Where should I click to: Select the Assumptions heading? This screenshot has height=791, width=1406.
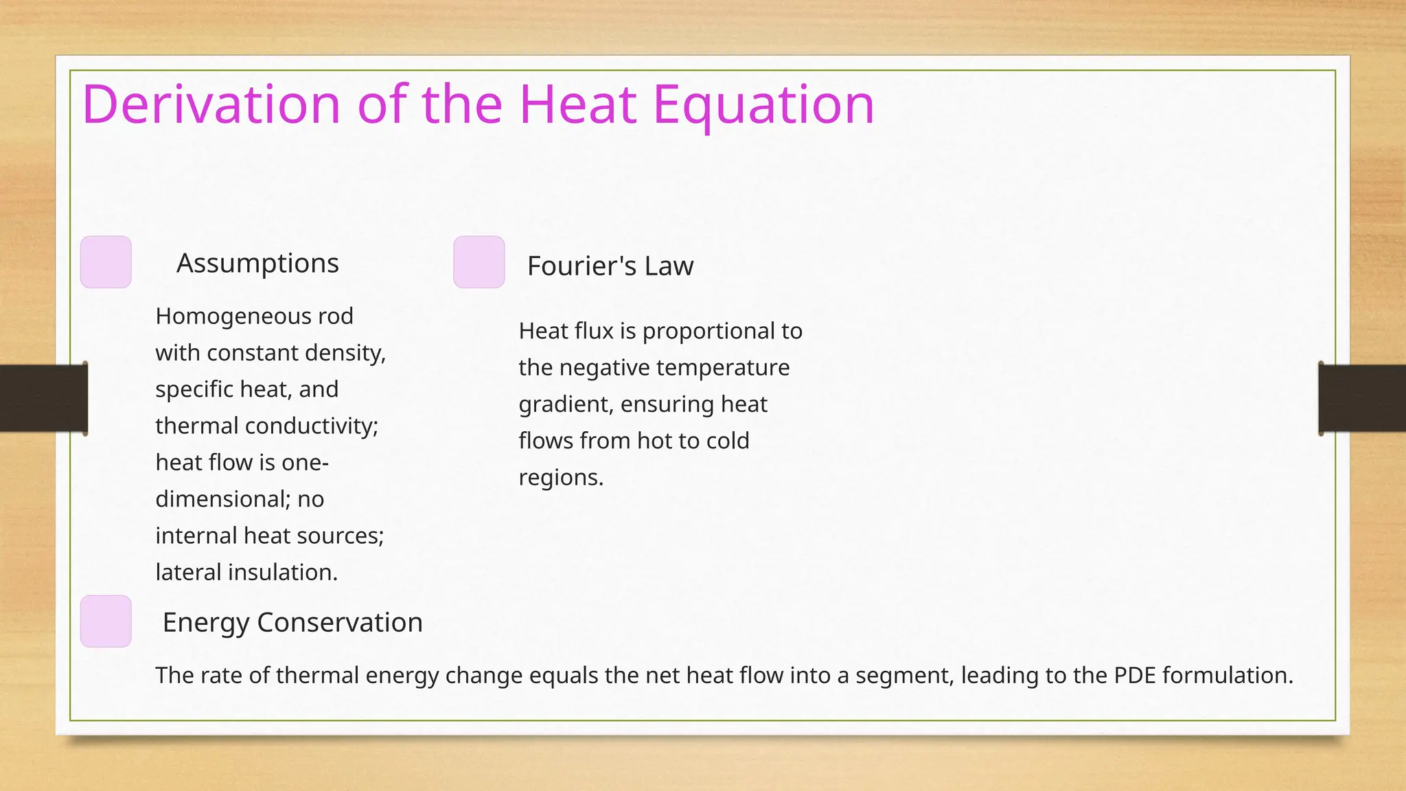coord(257,263)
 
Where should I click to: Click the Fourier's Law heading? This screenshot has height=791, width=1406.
coord(610,266)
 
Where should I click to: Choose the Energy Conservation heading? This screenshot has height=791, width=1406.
coord(292,622)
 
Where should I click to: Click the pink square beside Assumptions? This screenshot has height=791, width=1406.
coord(106,262)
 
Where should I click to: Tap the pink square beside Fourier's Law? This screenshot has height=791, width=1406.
coord(479,262)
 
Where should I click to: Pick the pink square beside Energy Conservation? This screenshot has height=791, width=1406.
coord(106,621)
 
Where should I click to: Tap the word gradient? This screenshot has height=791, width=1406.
coord(565,404)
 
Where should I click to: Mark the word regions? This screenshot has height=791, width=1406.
coord(560,477)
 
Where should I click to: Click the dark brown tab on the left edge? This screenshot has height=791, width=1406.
coord(43,398)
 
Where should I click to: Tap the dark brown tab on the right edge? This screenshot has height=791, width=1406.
coord(1362,398)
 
